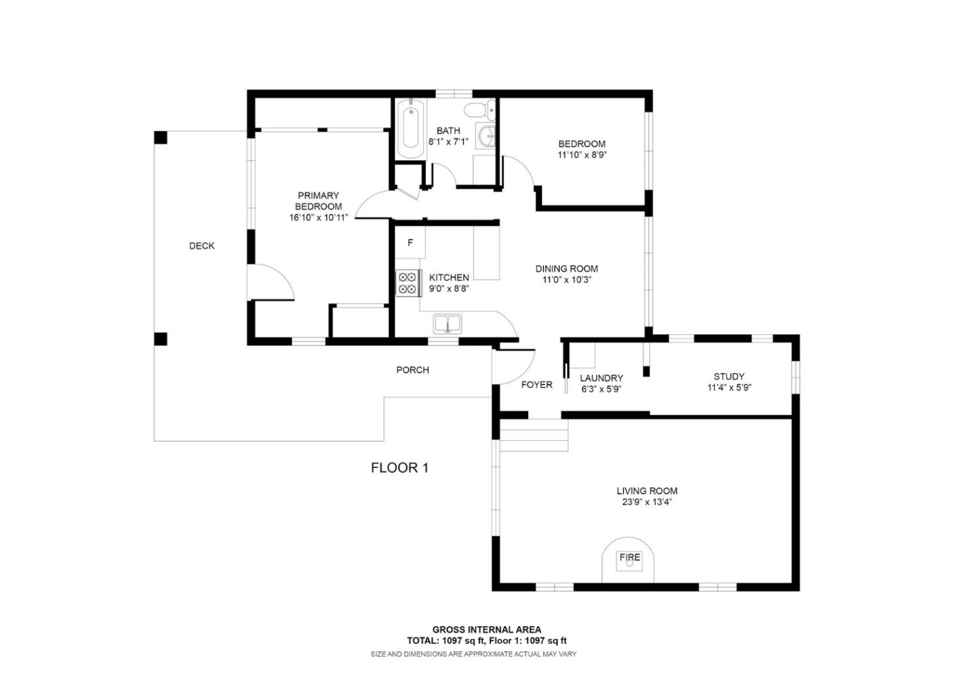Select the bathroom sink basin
[488, 136]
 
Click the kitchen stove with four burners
[408, 283]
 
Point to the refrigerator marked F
[410, 243]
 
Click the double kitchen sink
[449, 324]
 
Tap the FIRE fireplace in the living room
[629, 560]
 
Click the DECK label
[202, 246]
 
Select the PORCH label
[413, 370]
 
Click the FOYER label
[537, 385]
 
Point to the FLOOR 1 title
[399, 468]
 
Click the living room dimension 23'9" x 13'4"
[647, 502]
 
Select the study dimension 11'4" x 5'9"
[729, 388]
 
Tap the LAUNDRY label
[602, 378]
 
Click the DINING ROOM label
[566, 269]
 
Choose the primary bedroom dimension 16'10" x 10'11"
[318, 218]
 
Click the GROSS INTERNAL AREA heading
[486, 629]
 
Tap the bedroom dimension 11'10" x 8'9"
[582, 155]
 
